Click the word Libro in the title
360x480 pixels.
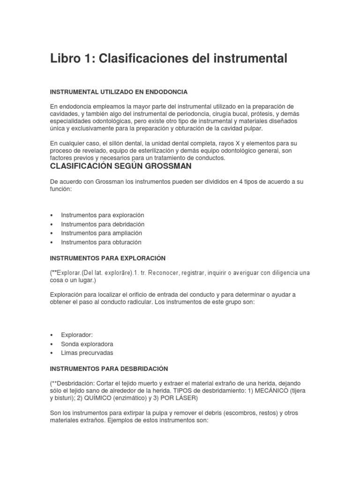point(67,59)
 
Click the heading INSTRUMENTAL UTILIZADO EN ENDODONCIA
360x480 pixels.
point(119,92)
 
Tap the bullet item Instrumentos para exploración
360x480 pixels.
point(103,215)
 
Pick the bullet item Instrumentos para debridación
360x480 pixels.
point(103,224)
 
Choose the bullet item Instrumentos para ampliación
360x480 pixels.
point(101,233)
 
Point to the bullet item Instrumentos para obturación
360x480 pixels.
point(101,242)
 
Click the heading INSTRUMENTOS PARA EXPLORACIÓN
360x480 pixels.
point(107,258)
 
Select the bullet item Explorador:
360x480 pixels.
point(77,335)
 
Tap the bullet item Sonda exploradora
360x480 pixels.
point(87,344)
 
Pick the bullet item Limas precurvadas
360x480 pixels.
point(87,353)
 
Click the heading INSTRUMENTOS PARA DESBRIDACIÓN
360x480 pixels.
point(109,369)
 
